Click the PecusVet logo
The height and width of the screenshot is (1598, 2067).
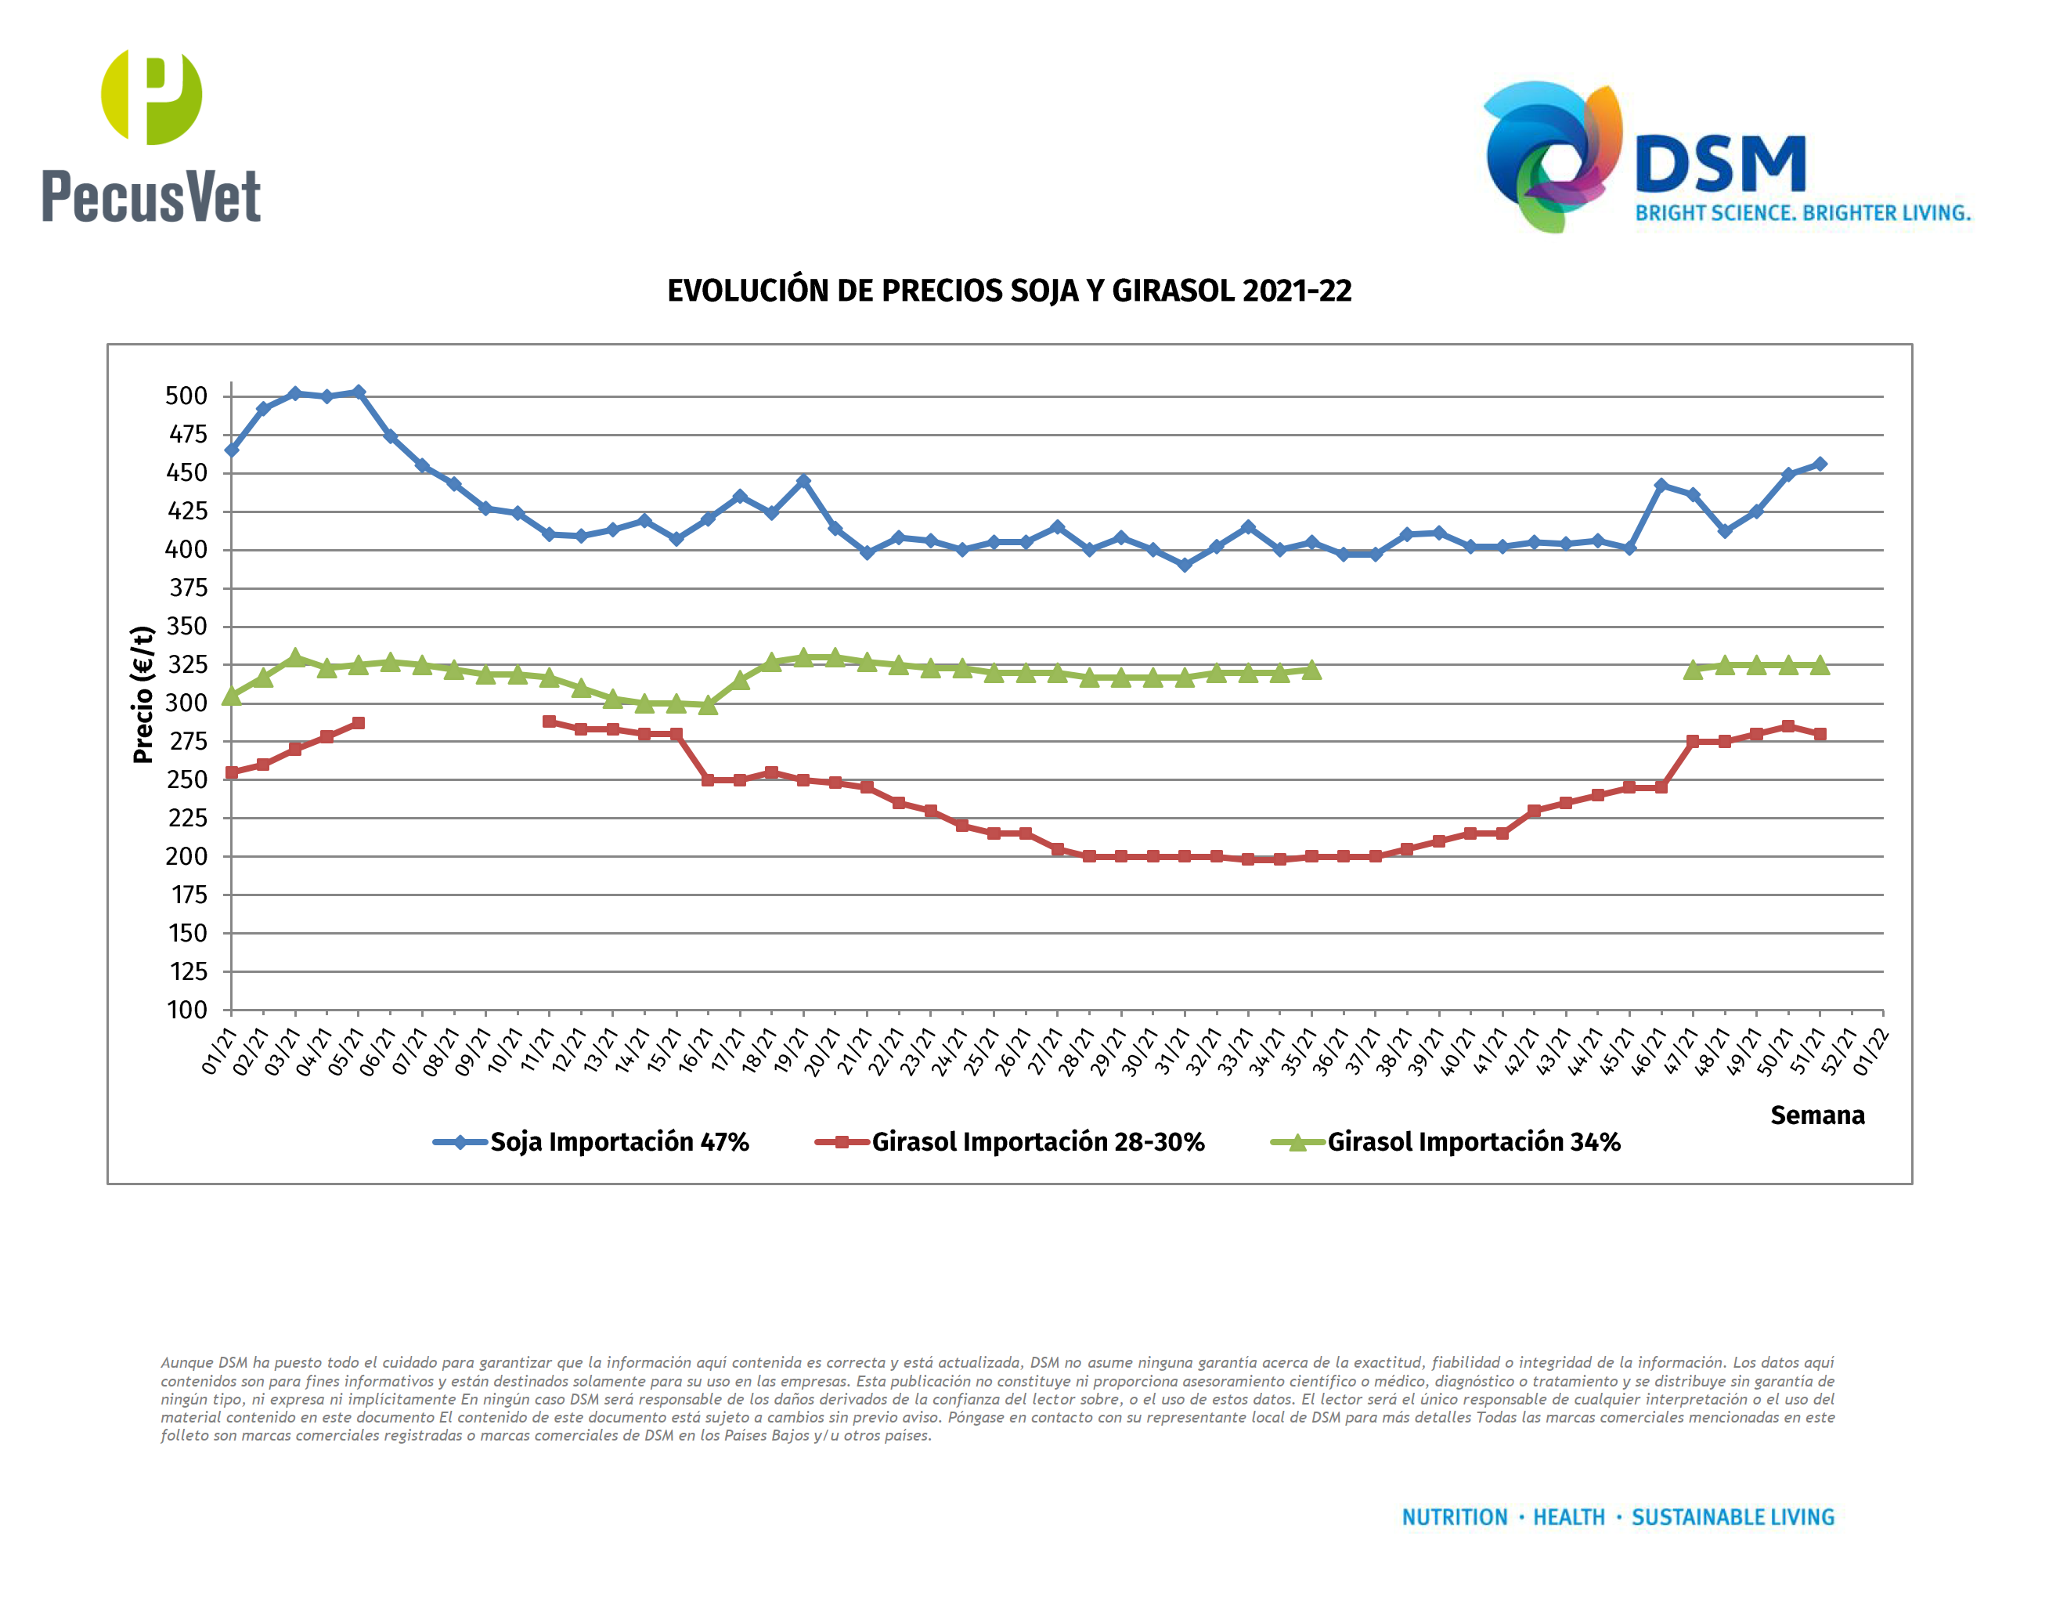151,136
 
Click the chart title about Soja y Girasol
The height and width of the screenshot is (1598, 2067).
1009,291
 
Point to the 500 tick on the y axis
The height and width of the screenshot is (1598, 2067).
186,396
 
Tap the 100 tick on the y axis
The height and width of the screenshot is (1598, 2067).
187,1010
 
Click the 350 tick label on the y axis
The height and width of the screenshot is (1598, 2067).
186,626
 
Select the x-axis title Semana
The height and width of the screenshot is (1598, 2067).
1817,1115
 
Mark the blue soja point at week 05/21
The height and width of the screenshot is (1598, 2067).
358,392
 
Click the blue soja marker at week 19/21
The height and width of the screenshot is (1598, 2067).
803,482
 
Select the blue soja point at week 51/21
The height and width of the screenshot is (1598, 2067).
1819,464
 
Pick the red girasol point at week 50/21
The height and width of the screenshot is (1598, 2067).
1787,726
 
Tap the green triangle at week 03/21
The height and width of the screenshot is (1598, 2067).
295,657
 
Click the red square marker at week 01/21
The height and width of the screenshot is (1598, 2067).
231,772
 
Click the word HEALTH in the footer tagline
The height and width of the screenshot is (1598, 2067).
1568,1517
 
